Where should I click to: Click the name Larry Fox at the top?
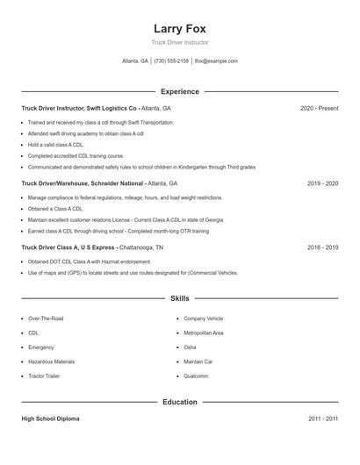179,28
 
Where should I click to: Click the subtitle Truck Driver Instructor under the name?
179,42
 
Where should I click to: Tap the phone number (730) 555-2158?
172,61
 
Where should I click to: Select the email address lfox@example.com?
216,61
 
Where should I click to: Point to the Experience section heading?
179,91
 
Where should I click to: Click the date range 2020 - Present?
319,108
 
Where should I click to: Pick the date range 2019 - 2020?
322,183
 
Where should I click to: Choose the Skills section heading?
179,299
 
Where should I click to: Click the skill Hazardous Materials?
51,361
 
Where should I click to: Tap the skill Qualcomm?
196,376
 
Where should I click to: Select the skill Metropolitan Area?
203,333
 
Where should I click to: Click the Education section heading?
179,402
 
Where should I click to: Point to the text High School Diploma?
50,418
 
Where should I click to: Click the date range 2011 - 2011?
322,418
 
